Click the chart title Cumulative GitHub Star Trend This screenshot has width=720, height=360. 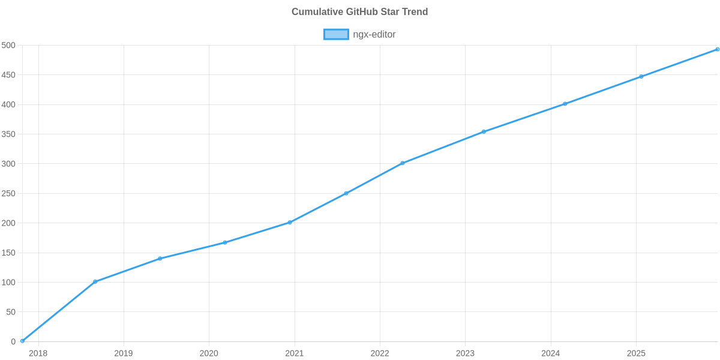pos(359,11)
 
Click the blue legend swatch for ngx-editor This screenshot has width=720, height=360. pos(335,34)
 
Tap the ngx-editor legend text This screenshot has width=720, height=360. pos(374,34)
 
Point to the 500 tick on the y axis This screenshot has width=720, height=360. pos(8,46)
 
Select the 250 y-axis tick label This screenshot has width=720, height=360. pos(8,194)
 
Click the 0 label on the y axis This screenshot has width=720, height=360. pos(13,341)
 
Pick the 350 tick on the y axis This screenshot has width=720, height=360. pos(8,134)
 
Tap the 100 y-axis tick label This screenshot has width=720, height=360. pos(8,283)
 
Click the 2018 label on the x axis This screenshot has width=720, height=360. pos(38,353)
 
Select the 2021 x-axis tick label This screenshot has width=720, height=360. pos(294,353)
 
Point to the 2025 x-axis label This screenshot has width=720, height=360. pos(636,353)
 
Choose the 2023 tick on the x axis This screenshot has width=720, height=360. pos(465,353)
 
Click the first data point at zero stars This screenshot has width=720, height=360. pos(22,341)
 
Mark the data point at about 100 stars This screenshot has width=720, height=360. pos(95,281)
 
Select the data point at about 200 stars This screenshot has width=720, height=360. pos(290,223)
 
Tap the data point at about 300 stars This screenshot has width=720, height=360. pos(402,163)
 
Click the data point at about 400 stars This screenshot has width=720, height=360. pos(565,104)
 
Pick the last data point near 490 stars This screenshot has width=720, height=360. pos(717,49)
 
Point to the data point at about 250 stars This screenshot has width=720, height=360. pos(346,193)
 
